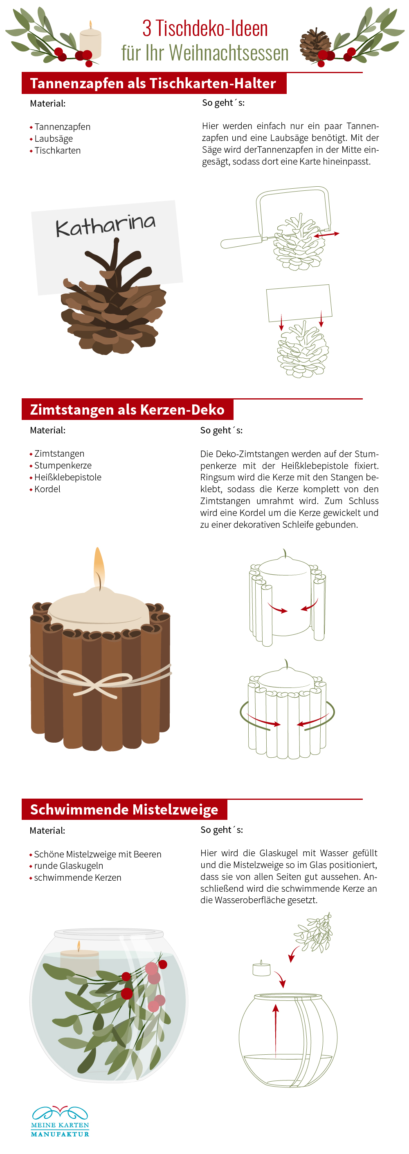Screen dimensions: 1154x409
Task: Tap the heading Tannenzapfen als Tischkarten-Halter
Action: (153, 83)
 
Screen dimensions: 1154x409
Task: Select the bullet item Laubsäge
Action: (53, 139)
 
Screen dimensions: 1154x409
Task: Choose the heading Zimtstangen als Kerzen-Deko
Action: (127, 409)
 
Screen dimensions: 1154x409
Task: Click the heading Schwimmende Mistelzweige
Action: (124, 810)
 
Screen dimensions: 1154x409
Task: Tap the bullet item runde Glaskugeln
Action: (69, 866)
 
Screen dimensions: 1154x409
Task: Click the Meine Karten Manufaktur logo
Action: (60, 1121)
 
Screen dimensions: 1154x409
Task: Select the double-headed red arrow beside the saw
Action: (326, 234)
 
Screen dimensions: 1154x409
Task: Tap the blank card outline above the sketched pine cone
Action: (299, 303)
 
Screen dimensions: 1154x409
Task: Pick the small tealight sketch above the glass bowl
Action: (261, 969)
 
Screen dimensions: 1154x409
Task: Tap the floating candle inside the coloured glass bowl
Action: (79, 960)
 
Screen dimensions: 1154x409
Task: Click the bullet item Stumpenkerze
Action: (63, 465)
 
